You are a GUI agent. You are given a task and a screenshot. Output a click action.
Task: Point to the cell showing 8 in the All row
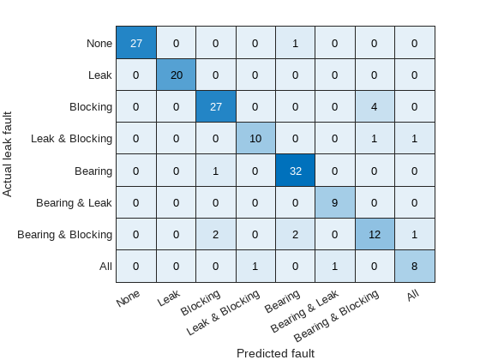414,266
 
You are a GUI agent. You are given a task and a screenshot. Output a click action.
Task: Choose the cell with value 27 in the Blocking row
215,107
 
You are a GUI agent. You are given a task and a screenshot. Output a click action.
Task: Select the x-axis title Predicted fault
275,352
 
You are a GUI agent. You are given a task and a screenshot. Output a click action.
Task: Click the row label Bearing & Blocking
66,234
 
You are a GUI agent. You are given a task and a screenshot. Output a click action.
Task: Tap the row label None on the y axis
99,44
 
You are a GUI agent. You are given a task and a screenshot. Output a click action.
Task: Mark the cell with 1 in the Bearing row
215,171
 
